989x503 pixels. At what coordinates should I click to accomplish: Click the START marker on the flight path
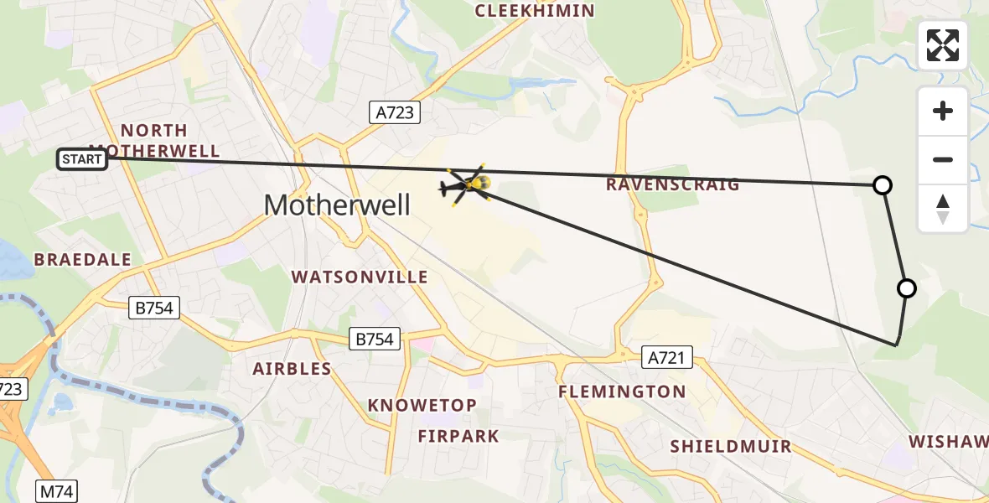point(82,158)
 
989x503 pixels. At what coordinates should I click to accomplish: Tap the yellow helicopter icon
point(467,184)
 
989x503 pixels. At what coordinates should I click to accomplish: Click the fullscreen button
point(943,45)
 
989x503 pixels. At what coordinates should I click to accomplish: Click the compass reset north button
point(943,209)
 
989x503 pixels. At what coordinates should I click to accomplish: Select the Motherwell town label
point(337,205)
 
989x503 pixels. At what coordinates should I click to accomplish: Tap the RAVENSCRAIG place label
point(673,184)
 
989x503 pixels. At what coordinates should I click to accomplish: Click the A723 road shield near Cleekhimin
point(394,112)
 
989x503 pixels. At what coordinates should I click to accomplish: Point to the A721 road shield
point(667,358)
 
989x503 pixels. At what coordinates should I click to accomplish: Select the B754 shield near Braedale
point(155,308)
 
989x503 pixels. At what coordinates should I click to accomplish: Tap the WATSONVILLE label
point(360,277)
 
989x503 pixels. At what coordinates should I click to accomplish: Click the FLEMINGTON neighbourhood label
point(622,392)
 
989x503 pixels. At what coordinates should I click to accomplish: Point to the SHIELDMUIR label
point(731,446)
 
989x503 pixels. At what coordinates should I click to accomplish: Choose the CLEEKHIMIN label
point(535,11)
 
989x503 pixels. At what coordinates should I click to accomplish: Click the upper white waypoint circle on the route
point(882,185)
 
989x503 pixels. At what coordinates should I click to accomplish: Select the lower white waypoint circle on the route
point(906,288)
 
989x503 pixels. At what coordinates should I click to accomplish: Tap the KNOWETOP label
point(422,406)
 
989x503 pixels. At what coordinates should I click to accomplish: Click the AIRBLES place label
point(293,369)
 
